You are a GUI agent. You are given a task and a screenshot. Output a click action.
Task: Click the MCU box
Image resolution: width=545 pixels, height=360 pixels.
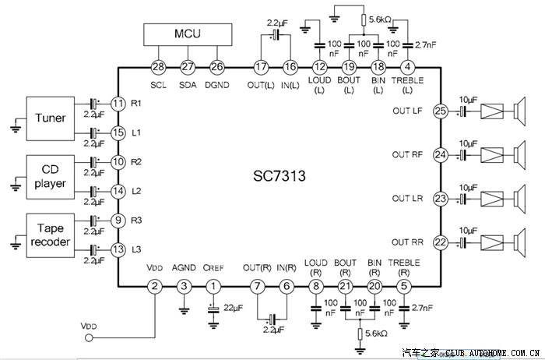188,34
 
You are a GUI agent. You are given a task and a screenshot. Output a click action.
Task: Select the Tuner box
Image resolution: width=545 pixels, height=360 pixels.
51,118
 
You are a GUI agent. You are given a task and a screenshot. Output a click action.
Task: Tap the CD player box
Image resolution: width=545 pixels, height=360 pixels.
51,177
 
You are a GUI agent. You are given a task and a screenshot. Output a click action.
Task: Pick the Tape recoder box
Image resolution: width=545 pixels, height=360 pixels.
51,235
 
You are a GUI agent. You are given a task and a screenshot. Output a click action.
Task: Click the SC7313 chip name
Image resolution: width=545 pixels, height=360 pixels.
278,178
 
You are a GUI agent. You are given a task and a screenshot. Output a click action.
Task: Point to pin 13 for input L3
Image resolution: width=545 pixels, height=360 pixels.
118,250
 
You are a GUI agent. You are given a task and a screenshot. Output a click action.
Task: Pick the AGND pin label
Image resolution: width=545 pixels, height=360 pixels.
184,269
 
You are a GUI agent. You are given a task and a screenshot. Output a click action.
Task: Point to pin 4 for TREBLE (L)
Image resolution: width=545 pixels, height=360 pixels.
408,67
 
